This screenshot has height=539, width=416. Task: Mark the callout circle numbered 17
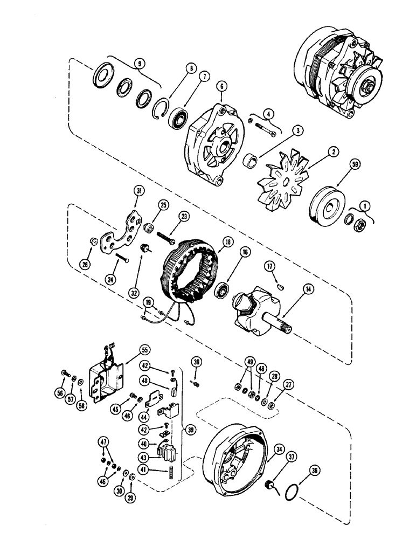click(271, 265)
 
